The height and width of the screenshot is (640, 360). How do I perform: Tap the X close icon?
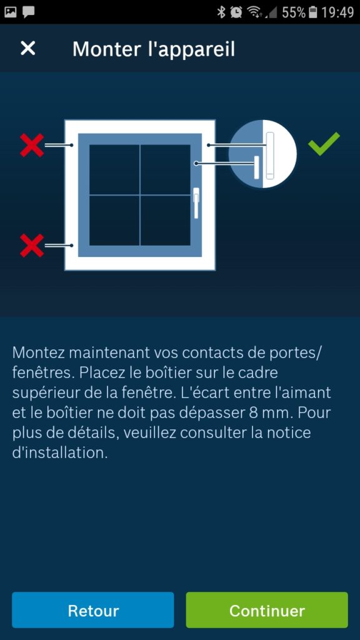[x=28, y=48]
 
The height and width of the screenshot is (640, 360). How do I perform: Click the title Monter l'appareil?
[x=154, y=49]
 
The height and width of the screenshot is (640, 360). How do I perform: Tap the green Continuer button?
[x=267, y=610]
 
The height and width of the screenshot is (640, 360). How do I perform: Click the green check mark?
[x=324, y=144]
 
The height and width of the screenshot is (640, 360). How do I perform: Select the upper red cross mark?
[x=32, y=145]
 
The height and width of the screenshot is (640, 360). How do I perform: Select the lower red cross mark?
[x=32, y=245]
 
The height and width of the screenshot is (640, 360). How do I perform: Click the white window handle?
[x=196, y=202]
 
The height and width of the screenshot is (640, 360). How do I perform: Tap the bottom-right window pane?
[x=165, y=220]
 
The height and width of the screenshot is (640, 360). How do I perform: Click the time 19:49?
[x=337, y=12]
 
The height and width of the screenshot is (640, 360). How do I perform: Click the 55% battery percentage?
[x=293, y=12]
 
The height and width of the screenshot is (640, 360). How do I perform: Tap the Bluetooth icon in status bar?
[x=221, y=12]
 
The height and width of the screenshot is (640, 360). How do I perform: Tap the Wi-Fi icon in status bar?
[x=254, y=12]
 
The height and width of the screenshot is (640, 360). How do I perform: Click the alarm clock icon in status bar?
[x=236, y=12]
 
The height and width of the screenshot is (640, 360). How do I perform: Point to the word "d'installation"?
[x=60, y=453]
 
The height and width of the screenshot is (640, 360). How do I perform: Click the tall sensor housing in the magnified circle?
[x=270, y=155]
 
